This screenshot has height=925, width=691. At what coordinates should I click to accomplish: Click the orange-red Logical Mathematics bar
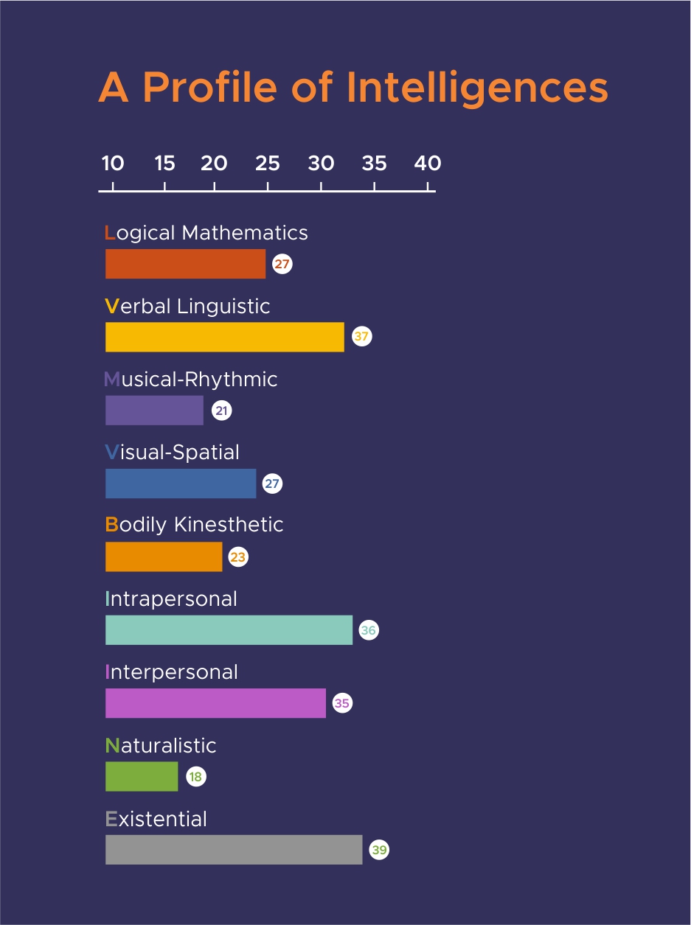[x=185, y=264]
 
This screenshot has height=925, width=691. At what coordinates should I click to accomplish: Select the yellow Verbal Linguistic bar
[x=224, y=337]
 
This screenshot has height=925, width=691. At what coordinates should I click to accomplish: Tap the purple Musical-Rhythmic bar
[x=154, y=411]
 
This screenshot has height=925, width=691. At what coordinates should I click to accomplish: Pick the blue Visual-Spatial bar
[x=181, y=484]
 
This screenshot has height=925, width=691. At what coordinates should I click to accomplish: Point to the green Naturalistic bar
[x=142, y=777]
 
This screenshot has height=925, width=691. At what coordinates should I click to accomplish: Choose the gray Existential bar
[x=234, y=850]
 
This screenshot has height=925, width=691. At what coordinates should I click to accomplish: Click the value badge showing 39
[x=379, y=850]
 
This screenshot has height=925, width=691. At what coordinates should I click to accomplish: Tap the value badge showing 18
[x=195, y=777]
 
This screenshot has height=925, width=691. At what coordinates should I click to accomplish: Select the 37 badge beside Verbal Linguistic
[x=361, y=337]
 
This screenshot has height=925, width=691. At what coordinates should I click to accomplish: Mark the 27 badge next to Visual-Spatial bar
[x=273, y=484]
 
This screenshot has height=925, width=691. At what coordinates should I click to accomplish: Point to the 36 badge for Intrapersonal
[x=369, y=630]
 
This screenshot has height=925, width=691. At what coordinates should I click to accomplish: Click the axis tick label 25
[x=268, y=163]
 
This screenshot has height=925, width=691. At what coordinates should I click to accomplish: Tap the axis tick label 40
[x=428, y=163]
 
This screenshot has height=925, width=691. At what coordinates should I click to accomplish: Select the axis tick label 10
[x=112, y=163]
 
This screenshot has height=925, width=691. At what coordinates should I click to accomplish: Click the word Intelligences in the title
[x=477, y=88]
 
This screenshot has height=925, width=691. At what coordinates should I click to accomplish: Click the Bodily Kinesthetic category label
[x=195, y=525]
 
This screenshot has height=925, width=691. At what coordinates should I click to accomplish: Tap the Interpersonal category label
[x=172, y=672]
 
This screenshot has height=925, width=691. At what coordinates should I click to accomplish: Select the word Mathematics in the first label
[x=245, y=233]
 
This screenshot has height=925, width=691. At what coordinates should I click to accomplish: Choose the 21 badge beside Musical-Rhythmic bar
[x=222, y=411]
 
